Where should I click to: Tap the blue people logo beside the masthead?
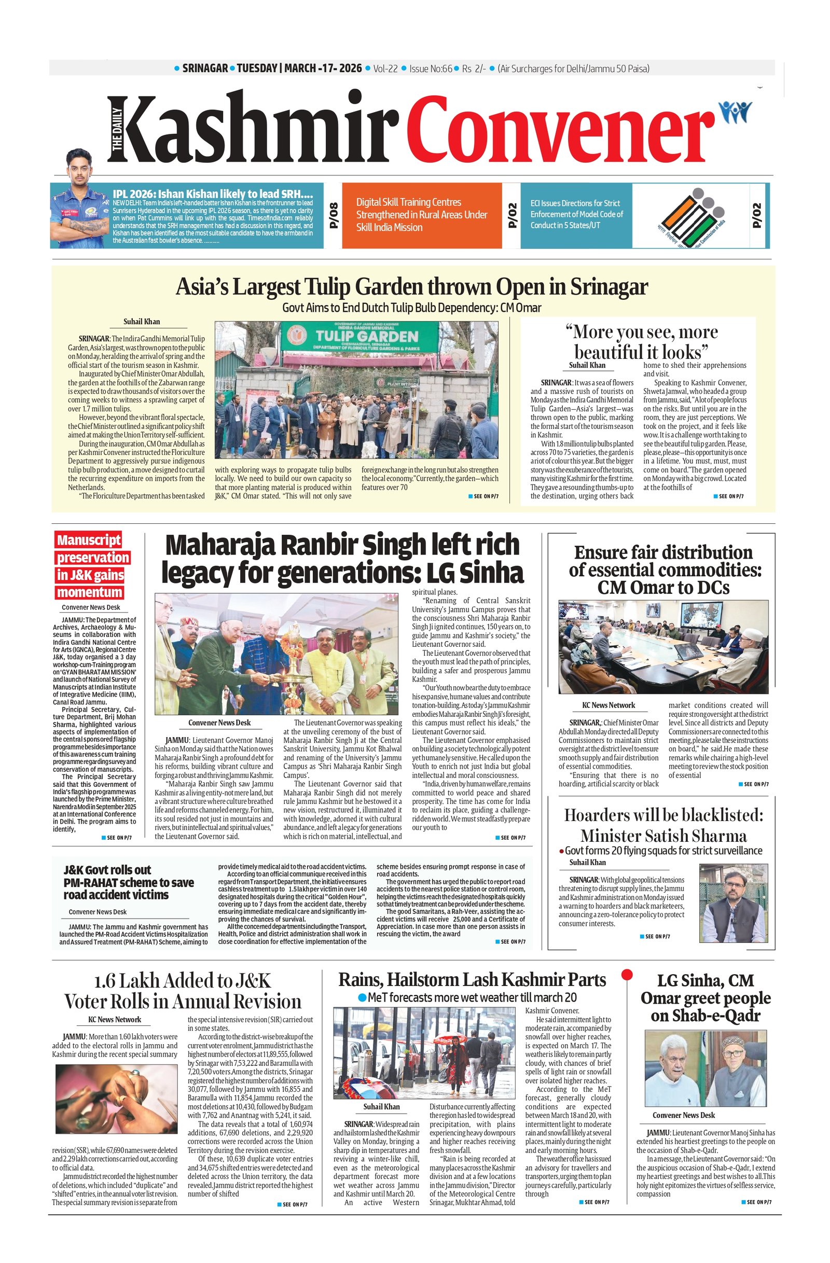point(735,112)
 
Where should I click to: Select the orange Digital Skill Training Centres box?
point(421,215)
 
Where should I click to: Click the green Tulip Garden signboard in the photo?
point(359,337)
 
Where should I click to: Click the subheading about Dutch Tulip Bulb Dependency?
point(411,308)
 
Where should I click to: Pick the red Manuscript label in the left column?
point(89,540)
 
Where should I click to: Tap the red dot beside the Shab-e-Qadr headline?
point(627,974)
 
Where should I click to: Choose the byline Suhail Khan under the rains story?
point(381,1106)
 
